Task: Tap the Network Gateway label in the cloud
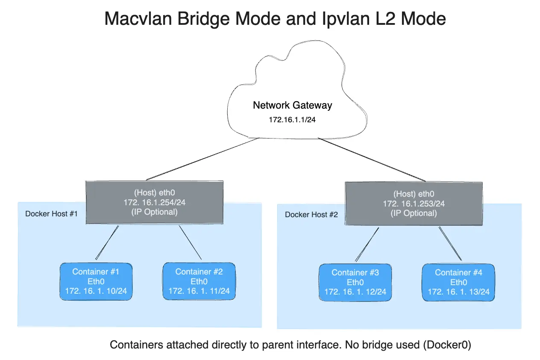click(x=292, y=105)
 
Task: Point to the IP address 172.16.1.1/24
click(x=292, y=120)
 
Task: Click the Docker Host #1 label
click(x=51, y=214)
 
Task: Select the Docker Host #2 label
click(x=311, y=215)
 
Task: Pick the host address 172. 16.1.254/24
click(x=155, y=202)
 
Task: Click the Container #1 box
click(x=96, y=281)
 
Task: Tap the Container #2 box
click(x=199, y=281)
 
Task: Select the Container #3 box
click(x=355, y=282)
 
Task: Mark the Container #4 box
click(x=458, y=282)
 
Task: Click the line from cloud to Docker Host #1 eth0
click(x=201, y=159)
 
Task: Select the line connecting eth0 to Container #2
click(x=191, y=242)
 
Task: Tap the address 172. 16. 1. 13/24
click(x=458, y=292)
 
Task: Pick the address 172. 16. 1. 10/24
click(x=96, y=291)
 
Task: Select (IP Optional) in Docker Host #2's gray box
click(x=414, y=213)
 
